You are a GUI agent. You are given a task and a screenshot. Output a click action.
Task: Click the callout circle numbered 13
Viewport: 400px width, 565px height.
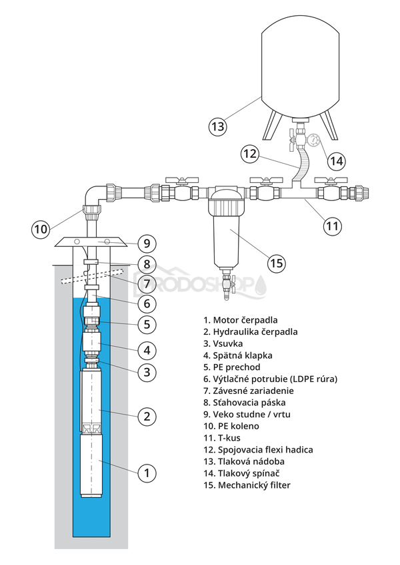pyautogui.click(x=217, y=124)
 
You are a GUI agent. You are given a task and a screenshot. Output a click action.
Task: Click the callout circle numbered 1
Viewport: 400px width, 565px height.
pyautogui.click(x=147, y=474)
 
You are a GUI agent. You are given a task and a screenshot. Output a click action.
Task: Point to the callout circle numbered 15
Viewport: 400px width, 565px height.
pyautogui.click(x=277, y=262)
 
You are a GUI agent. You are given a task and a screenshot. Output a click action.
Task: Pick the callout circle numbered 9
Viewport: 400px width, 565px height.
pyautogui.click(x=147, y=242)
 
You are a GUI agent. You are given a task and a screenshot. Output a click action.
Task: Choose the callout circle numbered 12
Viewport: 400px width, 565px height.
pyautogui.click(x=249, y=154)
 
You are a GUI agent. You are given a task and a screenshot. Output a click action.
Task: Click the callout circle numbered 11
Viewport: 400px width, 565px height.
pyautogui.click(x=333, y=225)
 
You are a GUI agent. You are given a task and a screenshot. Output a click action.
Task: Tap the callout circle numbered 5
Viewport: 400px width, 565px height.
pyautogui.click(x=147, y=325)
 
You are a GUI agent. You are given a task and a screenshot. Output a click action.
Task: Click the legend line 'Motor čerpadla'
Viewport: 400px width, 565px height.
pyautogui.click(x=241, y=319)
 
